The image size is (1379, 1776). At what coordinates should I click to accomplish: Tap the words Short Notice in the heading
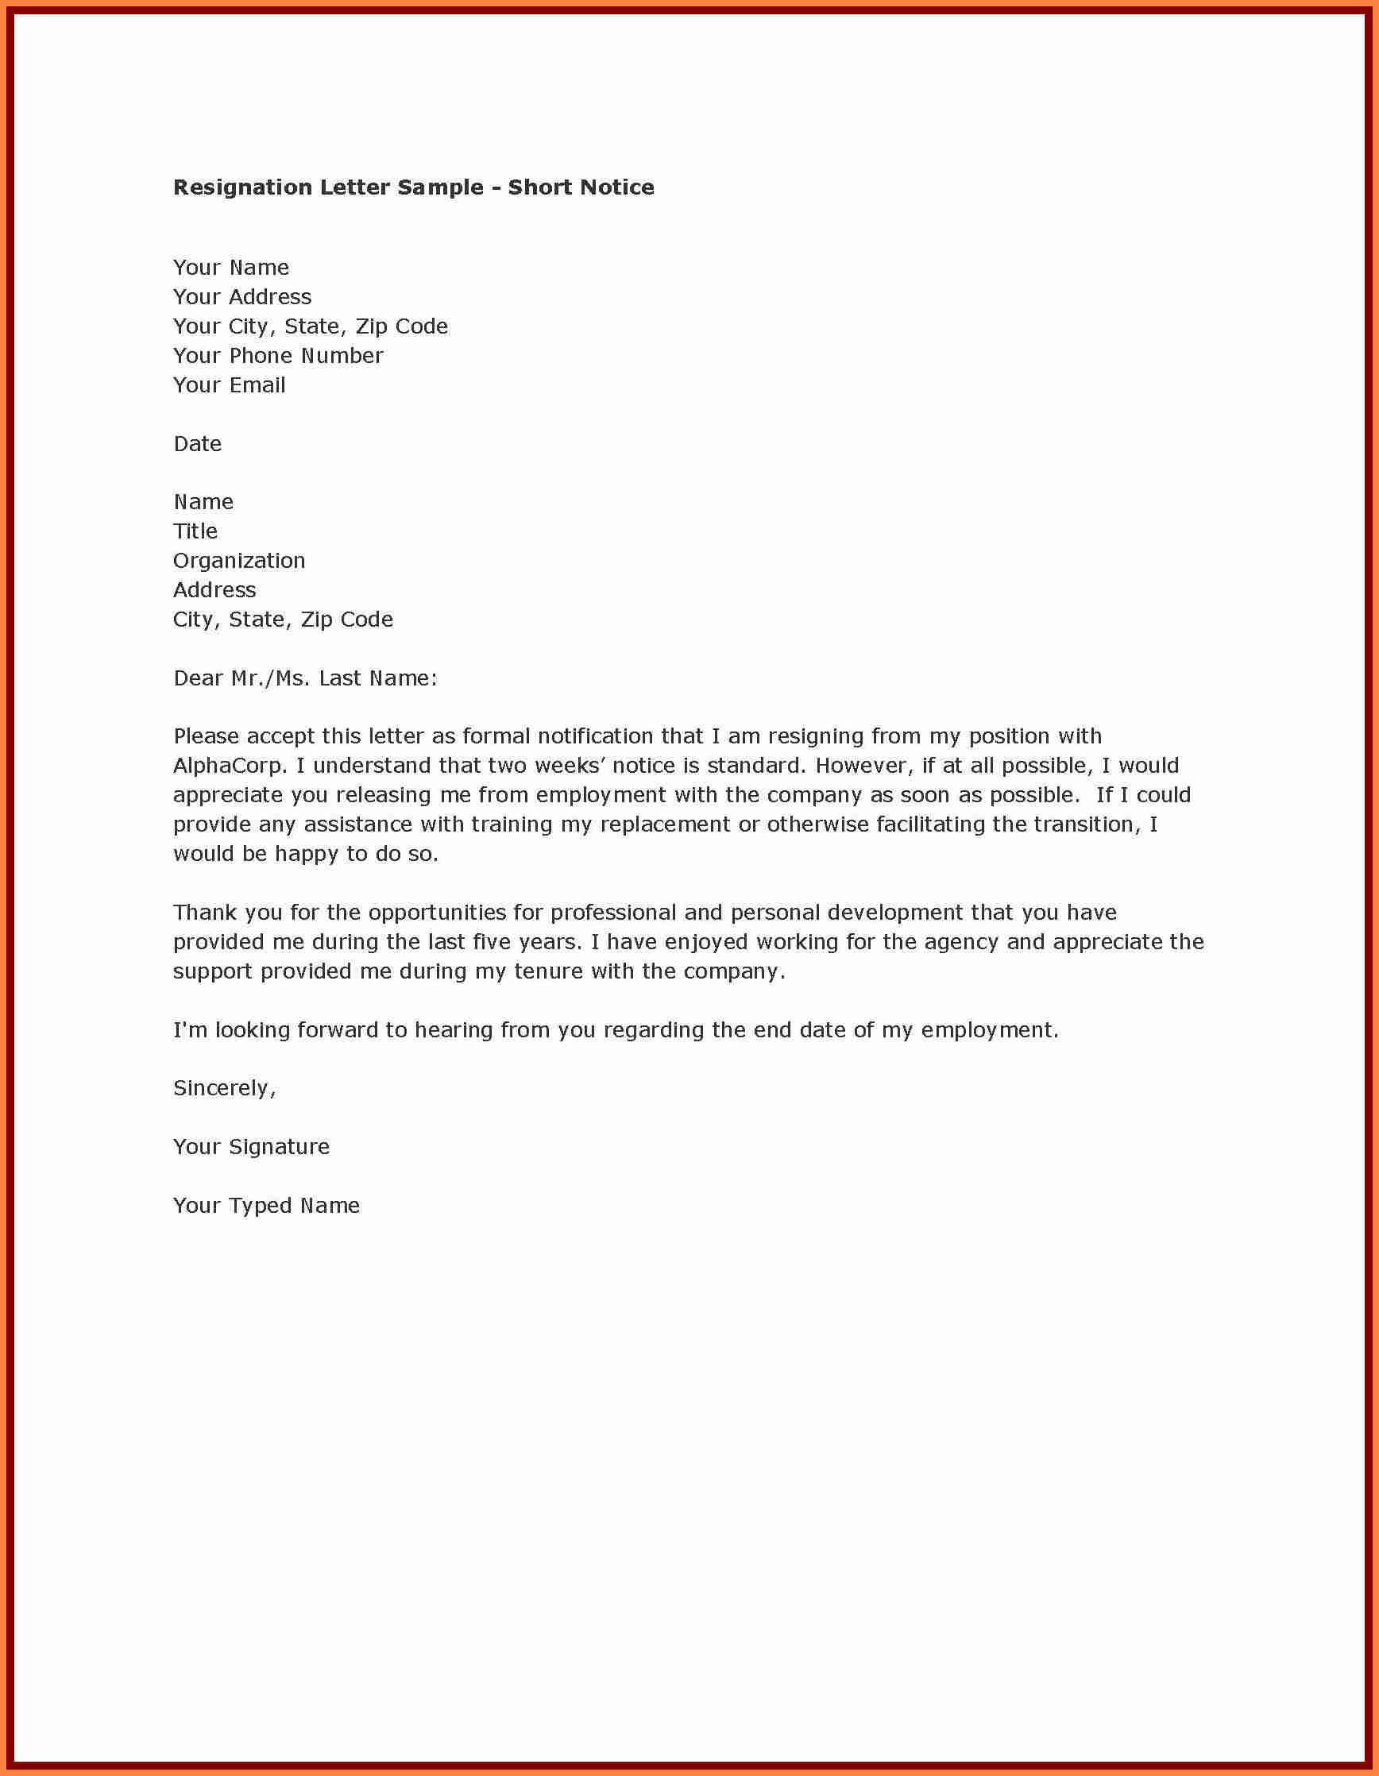click(x=581, y=187)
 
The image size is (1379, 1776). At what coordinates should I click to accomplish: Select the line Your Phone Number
click(x=278, y=356)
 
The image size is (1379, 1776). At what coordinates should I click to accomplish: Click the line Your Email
click(x=230, y=385)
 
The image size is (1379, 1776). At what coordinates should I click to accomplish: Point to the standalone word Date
click(x=198, y=444)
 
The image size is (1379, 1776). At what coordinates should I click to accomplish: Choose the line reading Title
click(x=195, y=532)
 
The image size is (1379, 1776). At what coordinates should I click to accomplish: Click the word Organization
click(x=239, y=561)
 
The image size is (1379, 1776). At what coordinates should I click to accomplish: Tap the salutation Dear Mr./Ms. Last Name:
click(x=306, y=678)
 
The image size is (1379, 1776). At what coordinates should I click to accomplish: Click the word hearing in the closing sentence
click(x=452, y=1030)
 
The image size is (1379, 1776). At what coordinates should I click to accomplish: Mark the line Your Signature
click(x=251, y=1147)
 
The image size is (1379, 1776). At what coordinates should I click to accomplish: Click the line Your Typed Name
click(x=266, y=1205)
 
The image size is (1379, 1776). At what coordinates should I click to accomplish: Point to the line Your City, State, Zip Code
click(x=311, y=327)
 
